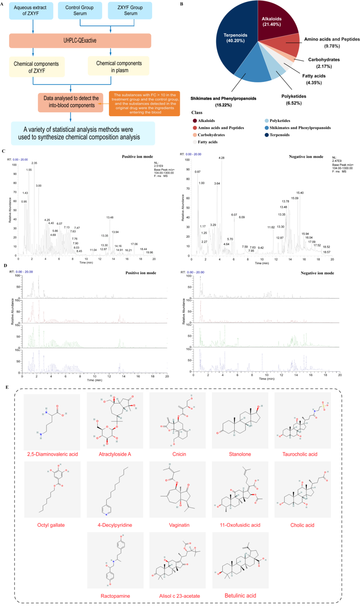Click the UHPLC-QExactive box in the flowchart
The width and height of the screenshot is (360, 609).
[80, 41]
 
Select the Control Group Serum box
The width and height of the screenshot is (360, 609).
[80, 10]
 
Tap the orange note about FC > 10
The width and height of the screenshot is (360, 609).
[144, 104]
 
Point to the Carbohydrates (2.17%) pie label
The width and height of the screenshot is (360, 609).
[324, 63]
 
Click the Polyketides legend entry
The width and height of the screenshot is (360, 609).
[280, 121]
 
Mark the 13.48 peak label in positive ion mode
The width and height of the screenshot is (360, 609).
[110, 217]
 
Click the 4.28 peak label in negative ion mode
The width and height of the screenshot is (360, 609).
[221, 158]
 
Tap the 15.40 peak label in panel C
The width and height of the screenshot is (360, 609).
[300, 193]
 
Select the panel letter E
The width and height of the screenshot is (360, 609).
[7, 387]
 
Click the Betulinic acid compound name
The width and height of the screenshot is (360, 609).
[240, 596]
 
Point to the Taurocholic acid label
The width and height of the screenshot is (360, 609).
[300, 454]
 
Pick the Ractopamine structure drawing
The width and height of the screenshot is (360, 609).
[115, 560]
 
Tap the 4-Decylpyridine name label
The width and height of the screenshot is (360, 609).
[115, 525]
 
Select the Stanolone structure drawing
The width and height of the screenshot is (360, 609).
[240, 421]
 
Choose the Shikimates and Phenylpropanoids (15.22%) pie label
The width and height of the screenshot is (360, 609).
[223, 101]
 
